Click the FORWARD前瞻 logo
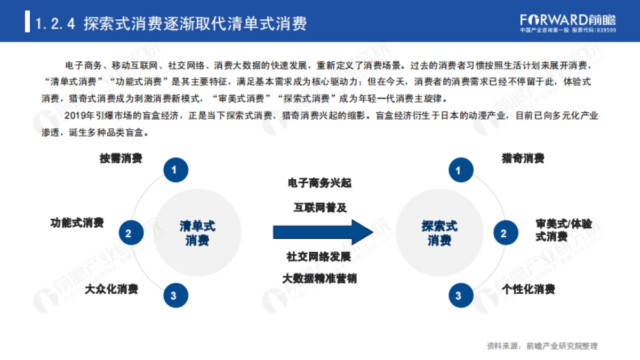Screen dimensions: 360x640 pyautogui.click(x=567, y=20)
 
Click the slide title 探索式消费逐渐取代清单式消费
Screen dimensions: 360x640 pyautogui.click(x=195, y=24)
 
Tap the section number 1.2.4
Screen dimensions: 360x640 pyautogui.click(x=55, y=24)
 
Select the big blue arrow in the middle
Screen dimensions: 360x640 pyautogui.click(x=322, y=232)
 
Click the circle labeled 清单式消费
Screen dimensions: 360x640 pyautogui.click(x=197, y=233)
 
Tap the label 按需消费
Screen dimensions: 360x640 pyautogui.click(x=121, y=158)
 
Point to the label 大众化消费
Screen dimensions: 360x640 pyautogui.click(x=111, y=289)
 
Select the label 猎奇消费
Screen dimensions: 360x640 pyautogui.click(x=523, y=158)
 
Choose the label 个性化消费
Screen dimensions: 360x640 pyautogui.click(x=529, y=289)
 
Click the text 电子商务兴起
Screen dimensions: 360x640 pyautogui.click(x=319, y=183)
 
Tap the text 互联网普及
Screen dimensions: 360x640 pyautogui.click(x=319, y=207)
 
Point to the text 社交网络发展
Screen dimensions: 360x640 pyautogui.click(x=319, y=257)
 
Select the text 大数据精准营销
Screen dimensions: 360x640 pyautogui.click(x=319, y=279)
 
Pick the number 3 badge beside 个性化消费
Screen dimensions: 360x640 pyautogui.click(x=458, y=295)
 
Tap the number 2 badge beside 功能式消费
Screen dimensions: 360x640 pyautogui.click(x=128, y=233)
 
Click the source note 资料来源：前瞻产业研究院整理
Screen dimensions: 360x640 pyautogui.click(x=542, y=346)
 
